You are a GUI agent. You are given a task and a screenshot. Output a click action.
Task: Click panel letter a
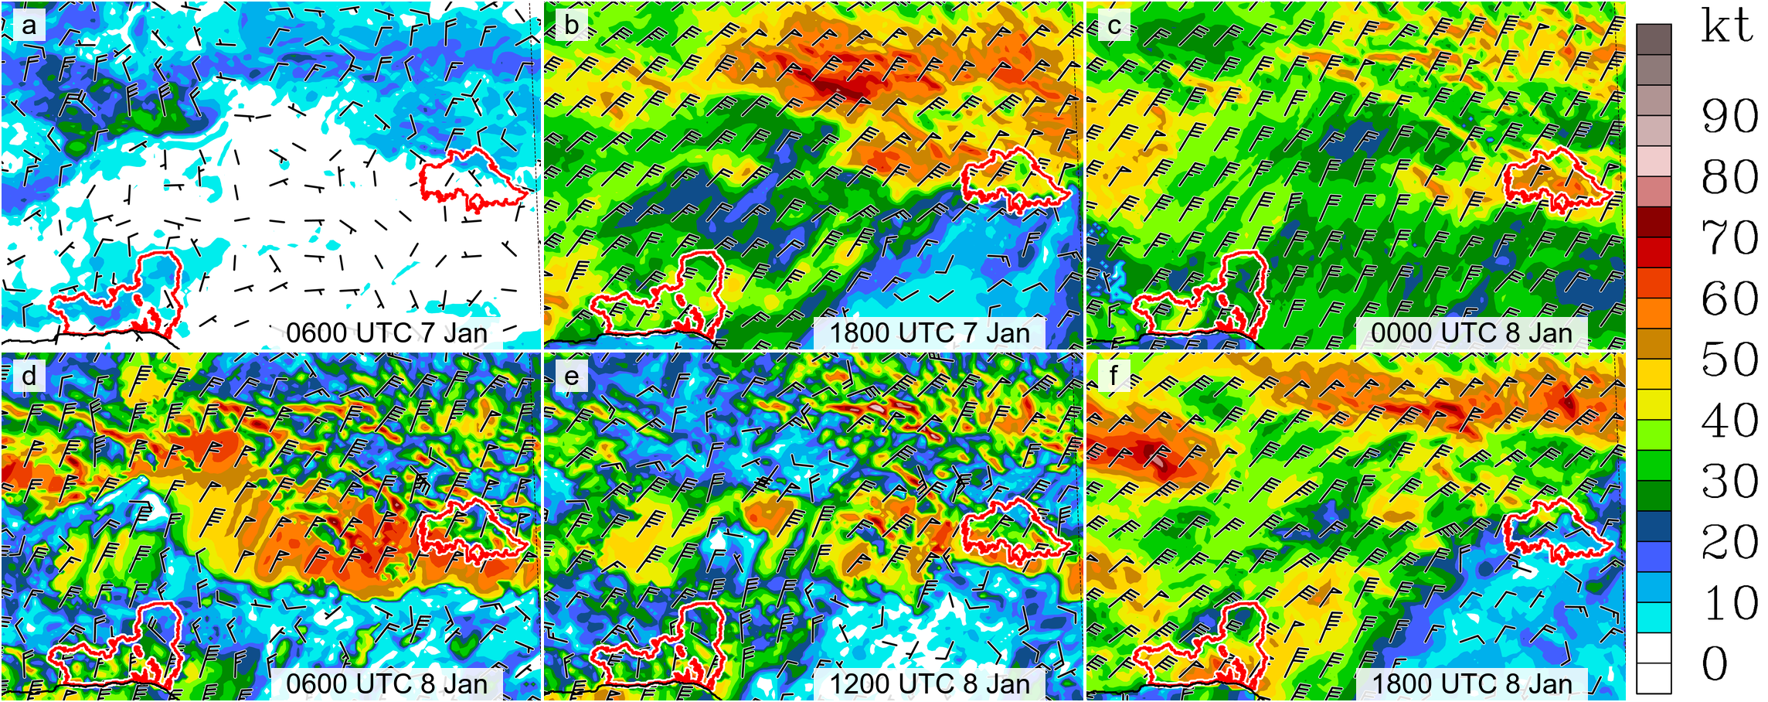click(x=29, y=26)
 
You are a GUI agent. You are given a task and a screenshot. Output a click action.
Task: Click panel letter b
click(x=572, y=26)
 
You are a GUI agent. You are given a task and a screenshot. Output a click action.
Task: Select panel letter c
click(x=1113, y=26)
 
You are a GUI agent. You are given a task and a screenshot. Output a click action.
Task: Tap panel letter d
click(x=29, y=376)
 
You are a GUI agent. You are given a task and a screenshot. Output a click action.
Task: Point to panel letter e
click(x=572, y=376)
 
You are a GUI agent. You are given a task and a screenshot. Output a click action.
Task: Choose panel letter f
click(x=1113, y=376)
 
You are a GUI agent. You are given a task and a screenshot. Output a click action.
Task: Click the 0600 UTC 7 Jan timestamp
click(x=386, y=333)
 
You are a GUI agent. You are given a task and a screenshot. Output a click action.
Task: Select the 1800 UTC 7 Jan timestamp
click(x=930, y=333)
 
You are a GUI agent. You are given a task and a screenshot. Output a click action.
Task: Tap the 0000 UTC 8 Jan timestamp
click(x=1472, y=333)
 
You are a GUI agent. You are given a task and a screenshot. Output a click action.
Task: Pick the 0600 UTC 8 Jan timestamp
click(x=386, y=683)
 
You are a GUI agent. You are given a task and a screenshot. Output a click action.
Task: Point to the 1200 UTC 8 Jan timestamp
click(x=930, y=683)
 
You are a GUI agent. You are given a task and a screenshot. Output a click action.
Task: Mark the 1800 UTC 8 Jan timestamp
click(x=1472, y=683)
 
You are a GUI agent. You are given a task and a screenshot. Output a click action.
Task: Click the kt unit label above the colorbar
click(x=1726, y=27)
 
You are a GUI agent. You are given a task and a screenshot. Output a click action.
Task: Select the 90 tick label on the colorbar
click(x=1730, y=117)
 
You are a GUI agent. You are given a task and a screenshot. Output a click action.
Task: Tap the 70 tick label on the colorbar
click(x=1730, y=238)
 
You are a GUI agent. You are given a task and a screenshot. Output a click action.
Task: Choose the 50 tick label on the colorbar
click(x=1730, y=360)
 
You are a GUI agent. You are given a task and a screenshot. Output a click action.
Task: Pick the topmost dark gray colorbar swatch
click(x=1654, y=39)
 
